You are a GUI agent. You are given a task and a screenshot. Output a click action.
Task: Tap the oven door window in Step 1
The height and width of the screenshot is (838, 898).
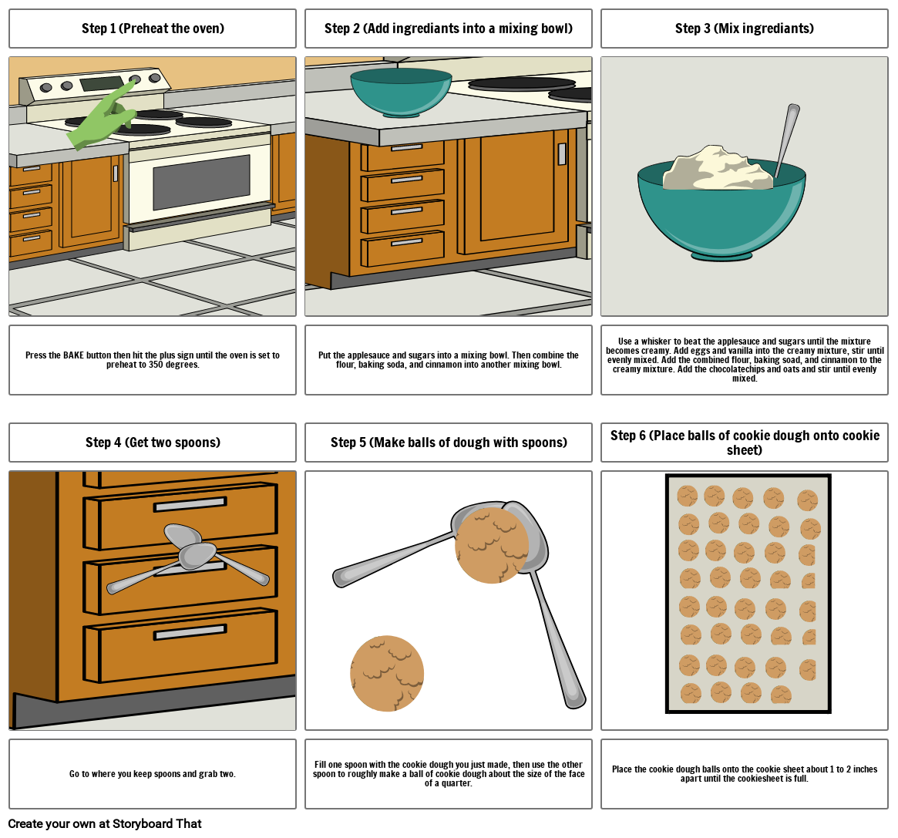[201, 181]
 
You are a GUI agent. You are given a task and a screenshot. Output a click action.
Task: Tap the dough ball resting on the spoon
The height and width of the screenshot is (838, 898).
[491, 545]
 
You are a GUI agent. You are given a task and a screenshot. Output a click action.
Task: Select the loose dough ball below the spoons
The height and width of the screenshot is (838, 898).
[387, 673]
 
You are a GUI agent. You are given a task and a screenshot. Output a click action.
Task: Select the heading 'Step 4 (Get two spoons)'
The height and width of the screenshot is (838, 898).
[153, 443]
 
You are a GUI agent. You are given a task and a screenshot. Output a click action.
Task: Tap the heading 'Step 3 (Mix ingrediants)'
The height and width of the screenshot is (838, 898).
[744, 29]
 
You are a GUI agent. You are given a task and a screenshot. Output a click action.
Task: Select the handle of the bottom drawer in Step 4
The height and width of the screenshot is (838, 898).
[190, 632]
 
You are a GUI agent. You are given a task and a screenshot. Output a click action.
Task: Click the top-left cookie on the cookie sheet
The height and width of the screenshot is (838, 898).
[688, 496]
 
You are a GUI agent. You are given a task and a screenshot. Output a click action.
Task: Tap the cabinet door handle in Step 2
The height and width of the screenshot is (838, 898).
[562, 154]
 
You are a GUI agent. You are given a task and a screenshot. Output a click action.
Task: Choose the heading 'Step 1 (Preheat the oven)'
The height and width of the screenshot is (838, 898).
[153, 29]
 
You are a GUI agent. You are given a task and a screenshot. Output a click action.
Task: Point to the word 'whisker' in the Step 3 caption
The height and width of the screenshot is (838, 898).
[668, 342]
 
